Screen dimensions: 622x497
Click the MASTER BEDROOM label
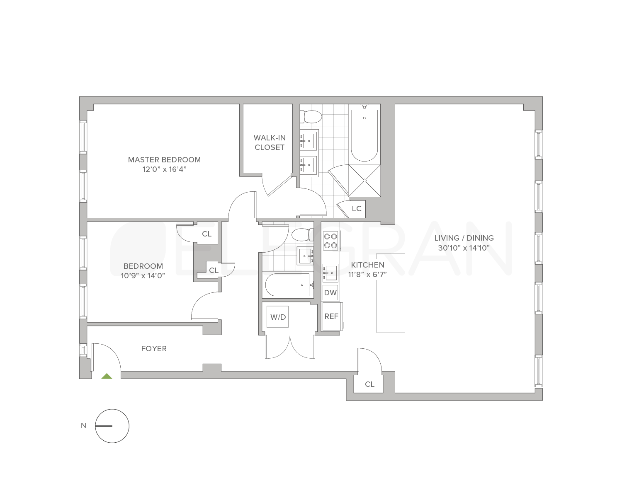click(x=164, y=159)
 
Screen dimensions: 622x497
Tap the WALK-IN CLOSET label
click(x=270, y=142)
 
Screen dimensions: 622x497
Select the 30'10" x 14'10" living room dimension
click(x=464, y=248)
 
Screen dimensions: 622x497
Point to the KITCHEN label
click(x=367, y=265)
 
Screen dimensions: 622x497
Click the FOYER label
click(x=154, y=349)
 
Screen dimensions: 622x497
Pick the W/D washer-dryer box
click(x=278, y=317)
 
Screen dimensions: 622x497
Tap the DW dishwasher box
click(x=330, y=293)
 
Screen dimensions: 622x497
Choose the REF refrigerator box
click(x=331, y=316)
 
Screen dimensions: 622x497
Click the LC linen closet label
click(x=357, y=208)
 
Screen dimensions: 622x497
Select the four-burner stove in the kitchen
click(x=330, y=241)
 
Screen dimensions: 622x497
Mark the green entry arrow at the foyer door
click(x=107, y=376)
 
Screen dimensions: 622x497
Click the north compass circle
click(x=112, y=426)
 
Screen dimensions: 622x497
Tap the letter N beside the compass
click(x=83, y=425)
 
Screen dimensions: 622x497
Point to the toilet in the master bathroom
click(x=312, y=117)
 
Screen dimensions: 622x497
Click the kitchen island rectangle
click(x=391, y=292)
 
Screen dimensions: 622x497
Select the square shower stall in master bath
click(x=364, y=180)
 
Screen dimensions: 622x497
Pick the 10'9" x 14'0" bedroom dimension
click(x=143, y=276)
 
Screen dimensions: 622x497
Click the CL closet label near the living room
click(x=369, y=384)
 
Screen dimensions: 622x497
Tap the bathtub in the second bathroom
click(x=287, y=285)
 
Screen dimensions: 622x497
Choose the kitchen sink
click(x=330, y=273)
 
